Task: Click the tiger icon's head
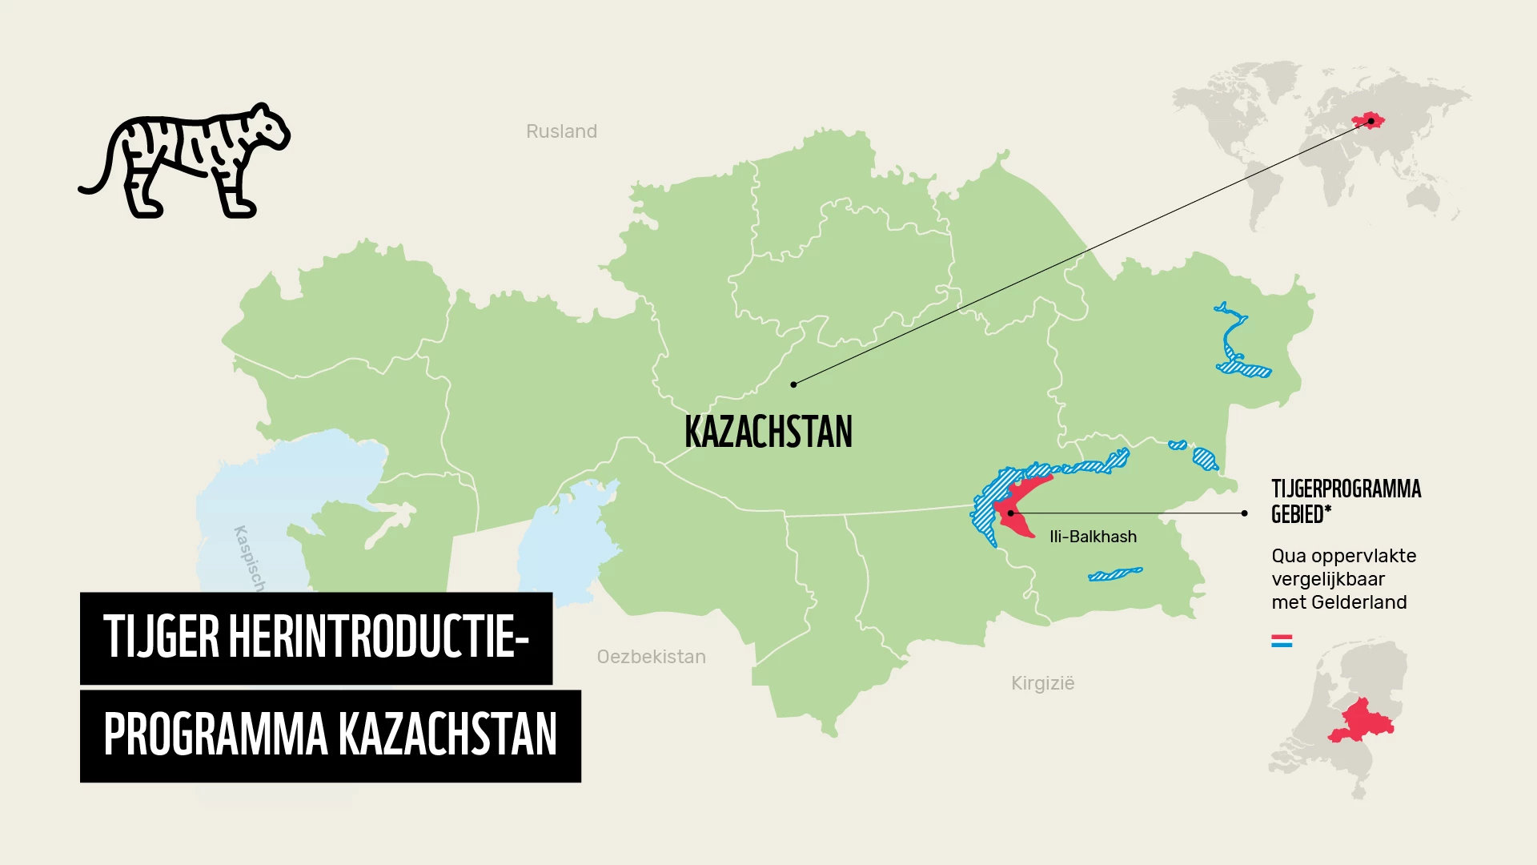[x=265, y=128]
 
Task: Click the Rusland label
[x=561, y=131]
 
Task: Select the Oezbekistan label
[x=651, y=657]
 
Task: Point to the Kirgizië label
[x=1042, y=683]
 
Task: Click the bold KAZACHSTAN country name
[x=768, y=432]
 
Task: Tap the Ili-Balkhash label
[x=1093, y=537]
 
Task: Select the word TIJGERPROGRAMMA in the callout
[x=1346, y=489]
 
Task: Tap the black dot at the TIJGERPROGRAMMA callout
[x=1244, y=513]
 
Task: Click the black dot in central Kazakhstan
[x=793, y=384]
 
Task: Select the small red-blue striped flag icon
[x=1282, y=641]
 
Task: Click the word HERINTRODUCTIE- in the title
[x=379, y=638]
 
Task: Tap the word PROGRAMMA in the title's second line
[x=215, y=735]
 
